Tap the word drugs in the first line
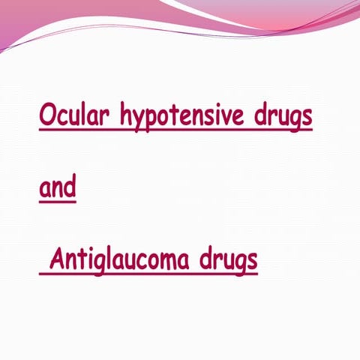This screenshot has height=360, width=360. point(286,117)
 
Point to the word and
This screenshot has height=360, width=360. point(57,187)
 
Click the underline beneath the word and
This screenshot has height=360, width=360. point(57,200)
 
